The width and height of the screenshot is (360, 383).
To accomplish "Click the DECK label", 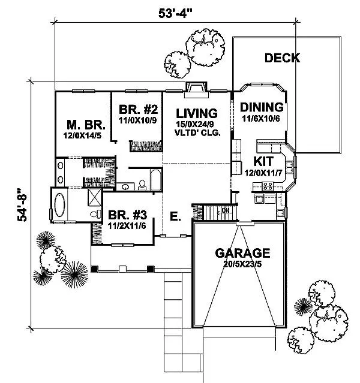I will (x=282, y=58).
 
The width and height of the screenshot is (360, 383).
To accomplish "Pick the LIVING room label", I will (x=196, y=113).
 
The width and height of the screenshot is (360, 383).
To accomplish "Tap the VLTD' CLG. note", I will (x=196, y=133).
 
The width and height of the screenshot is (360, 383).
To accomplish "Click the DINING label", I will (x=261, y=108).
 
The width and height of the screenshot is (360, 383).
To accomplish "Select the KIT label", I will (x=263, y=161).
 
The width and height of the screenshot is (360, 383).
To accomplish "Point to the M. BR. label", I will (x=86, y=125).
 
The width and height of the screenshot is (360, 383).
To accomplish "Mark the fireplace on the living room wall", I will (x=196, y=88).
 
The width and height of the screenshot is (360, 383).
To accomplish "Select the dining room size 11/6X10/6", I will (x=261, y=119).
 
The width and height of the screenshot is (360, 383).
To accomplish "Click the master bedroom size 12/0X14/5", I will (x=86, y=136).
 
